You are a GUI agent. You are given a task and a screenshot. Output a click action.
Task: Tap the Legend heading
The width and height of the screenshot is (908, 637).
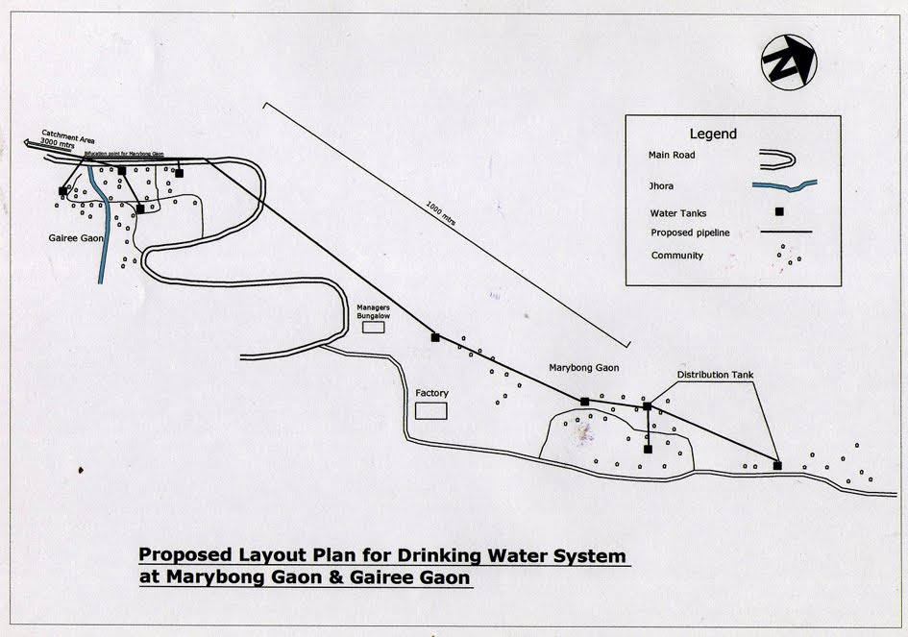click(x=713, y=134)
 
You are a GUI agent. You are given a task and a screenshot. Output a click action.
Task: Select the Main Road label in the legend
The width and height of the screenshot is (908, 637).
click(x=672, y=154)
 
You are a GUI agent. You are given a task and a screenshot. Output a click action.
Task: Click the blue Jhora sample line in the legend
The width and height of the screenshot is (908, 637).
click(x=787, y=184)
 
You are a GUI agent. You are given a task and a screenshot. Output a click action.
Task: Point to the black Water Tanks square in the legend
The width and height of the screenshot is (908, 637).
click(x=779, y=211)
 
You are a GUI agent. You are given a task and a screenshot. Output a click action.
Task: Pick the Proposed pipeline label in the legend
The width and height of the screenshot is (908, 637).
click(x=686, y=232)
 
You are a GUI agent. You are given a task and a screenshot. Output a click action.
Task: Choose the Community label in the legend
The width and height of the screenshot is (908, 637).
click(x=676, y=256)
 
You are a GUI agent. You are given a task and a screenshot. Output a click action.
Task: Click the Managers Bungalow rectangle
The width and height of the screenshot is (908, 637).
click(x=373, y=327)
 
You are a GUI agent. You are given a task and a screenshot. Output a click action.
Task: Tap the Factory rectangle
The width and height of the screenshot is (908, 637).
click(x=431, y=410)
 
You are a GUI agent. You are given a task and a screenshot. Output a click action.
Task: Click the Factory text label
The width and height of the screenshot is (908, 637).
click(x=431, y=393)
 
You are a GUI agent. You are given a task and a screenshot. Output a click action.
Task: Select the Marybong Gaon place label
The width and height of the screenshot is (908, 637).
click(x=583, y=367)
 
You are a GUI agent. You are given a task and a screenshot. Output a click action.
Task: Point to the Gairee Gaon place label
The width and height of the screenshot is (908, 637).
click(x=76, y=236)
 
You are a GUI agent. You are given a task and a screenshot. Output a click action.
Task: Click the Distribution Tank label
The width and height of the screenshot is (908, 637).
click(x=715, y=375)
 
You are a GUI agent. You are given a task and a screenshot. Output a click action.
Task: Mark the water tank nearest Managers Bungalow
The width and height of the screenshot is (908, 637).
click(x=435, y=337)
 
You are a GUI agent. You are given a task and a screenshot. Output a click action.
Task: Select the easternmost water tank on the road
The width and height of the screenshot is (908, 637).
click(x=777, y=465)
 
